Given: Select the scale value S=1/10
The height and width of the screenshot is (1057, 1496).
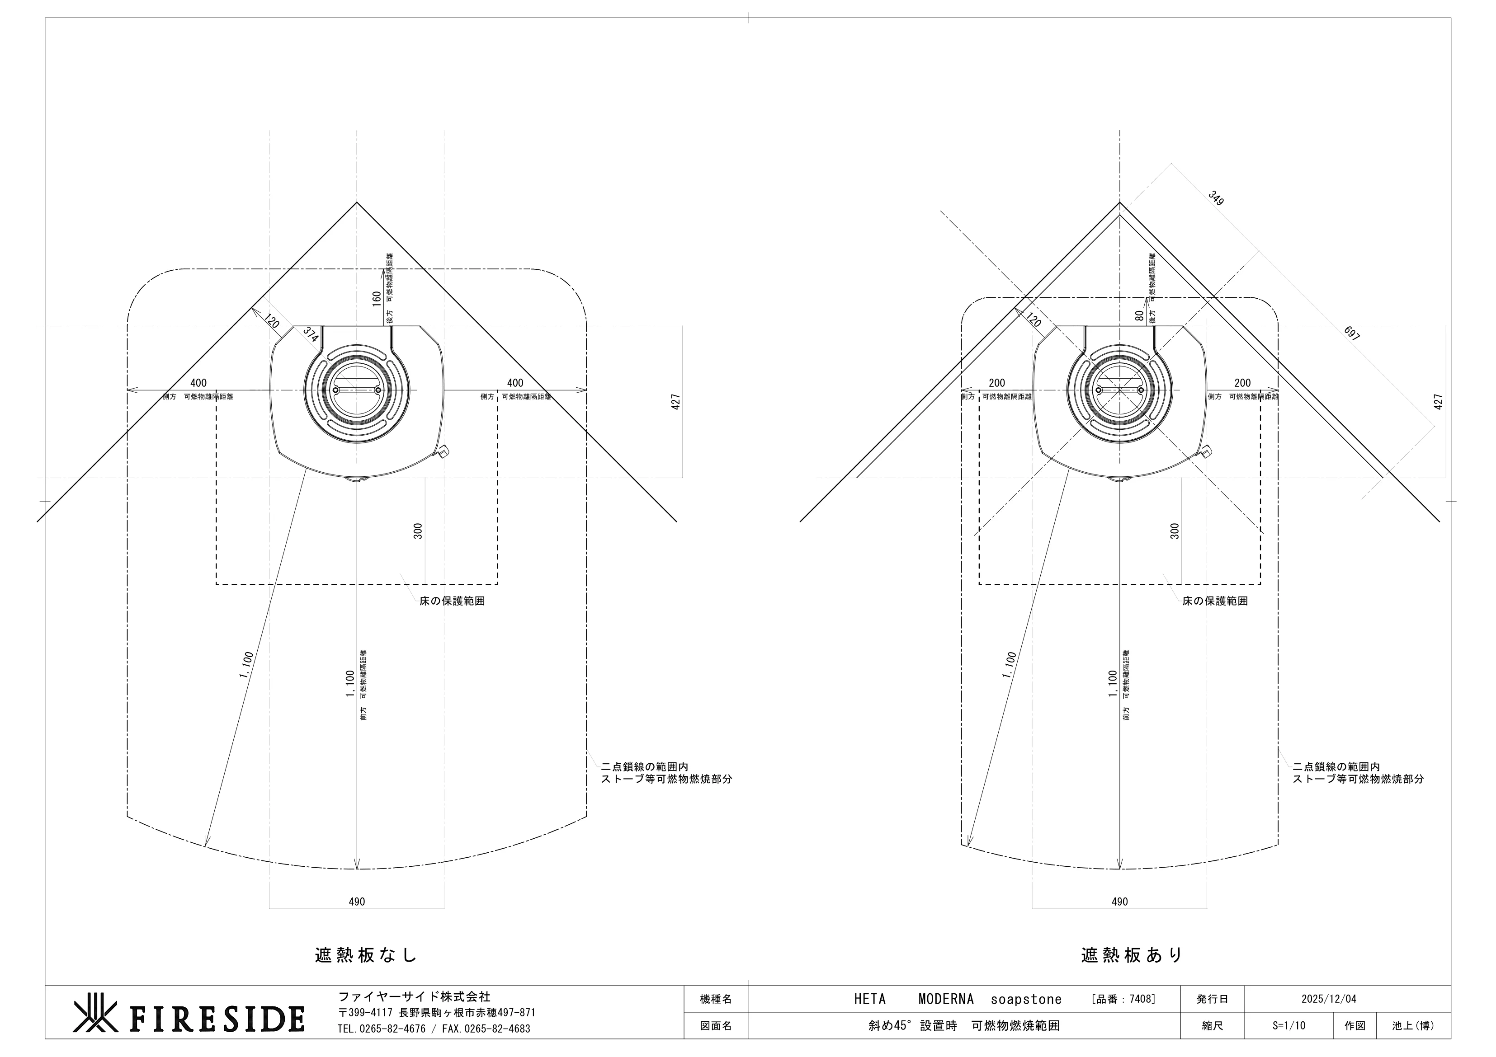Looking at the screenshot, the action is tap(1289, 1025).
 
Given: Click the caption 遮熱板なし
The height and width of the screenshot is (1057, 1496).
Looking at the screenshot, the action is tap(366, 955).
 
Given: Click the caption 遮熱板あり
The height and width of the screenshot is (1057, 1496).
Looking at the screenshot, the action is tap(1132, 955).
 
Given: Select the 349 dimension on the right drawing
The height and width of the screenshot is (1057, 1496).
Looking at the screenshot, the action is tap(1216, 198).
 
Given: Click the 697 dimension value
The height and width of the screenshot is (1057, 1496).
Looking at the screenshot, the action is tap(1351, 334).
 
